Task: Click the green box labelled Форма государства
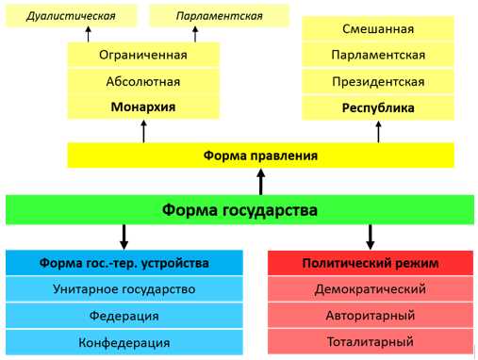pos(239,209)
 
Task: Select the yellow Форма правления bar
pos(261,155)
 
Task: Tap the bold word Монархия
pos(142,106)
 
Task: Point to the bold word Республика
pos(377,107)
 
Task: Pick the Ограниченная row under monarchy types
pos(142,55)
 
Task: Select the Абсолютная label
pos(142,81)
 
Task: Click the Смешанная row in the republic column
pos(377,29)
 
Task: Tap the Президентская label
pos(377,81)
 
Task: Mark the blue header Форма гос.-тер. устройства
pos(124,263)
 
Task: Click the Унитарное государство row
pos(124,289)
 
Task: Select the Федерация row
pos(124,316)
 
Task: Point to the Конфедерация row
pos(124,342)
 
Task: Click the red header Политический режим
pos(370,263)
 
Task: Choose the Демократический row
pos(370,289)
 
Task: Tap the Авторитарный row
pos(370,316)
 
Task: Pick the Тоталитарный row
pos(370,342)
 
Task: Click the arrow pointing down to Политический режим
pos(370,236)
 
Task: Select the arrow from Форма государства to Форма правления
pos(261,180)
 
